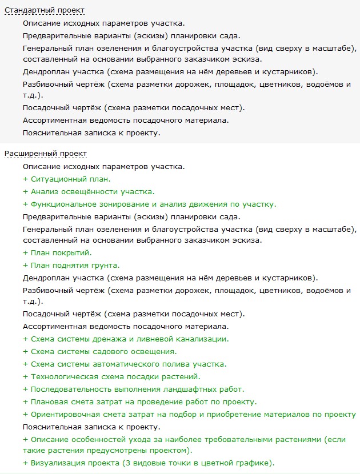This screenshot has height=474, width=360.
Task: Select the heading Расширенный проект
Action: [x=46, y=154]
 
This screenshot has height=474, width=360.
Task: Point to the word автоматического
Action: [x=118, y=364]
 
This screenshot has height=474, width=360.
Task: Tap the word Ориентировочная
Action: [x=66, y=414]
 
